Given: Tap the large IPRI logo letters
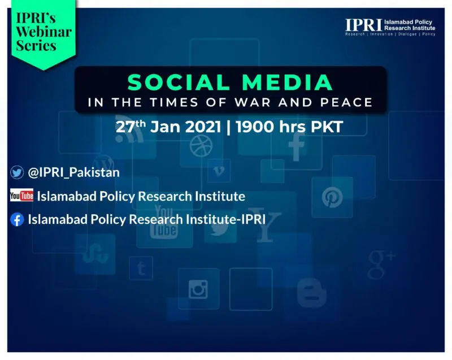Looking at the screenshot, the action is point(363,25).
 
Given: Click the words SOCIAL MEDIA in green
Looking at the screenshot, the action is point(230,83).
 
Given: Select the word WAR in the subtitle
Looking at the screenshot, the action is point(253,102).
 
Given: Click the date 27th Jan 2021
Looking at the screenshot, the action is point(168,127).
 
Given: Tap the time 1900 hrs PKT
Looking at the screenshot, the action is point(289,127).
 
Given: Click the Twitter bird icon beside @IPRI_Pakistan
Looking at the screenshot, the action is point(17,172).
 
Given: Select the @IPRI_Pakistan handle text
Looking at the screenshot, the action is point(74,172).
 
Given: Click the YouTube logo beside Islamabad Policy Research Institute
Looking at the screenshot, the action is point(21,196).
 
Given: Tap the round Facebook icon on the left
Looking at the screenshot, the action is point(17,219).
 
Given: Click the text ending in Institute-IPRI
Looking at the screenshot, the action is point(147,219).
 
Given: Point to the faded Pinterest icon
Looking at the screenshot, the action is point(332,197).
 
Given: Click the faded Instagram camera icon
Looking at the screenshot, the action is point(198,289).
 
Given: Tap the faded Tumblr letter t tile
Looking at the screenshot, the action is point(141,268).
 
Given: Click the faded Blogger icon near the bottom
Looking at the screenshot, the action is point(312,293).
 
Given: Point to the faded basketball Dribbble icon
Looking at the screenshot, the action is point(201,146).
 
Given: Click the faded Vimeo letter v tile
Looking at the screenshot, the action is point(219,171).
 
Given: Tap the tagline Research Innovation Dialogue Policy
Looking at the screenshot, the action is point(390,34).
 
